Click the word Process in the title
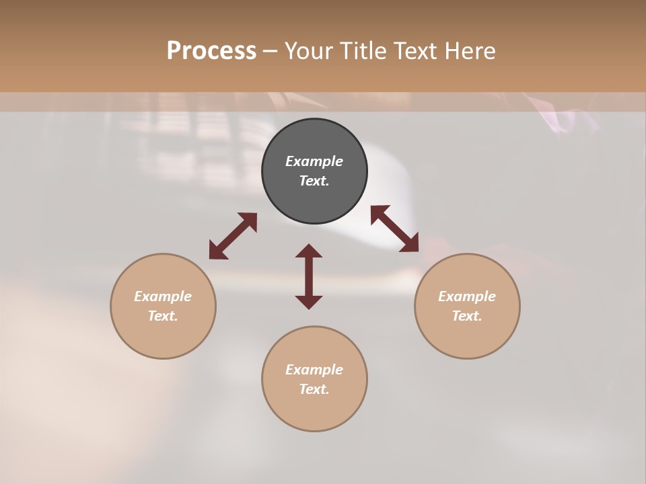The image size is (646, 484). click(211, 51)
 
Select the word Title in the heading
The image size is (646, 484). click(362, 51)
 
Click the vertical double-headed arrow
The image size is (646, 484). click(309, 276)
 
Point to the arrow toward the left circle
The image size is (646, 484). click(233, 236)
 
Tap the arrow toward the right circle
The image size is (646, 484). click(395, 229)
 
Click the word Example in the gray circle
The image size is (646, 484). click(314, 161)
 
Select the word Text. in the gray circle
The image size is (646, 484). click(314, 181)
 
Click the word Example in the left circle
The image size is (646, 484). click(163, 296)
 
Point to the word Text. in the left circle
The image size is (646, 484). click(163, 316)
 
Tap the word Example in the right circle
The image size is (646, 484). click(467, 296)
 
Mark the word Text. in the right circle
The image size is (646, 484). click(467, 316)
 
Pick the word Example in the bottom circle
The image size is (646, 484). click(314, 370)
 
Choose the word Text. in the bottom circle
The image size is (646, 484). click(314, 389)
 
